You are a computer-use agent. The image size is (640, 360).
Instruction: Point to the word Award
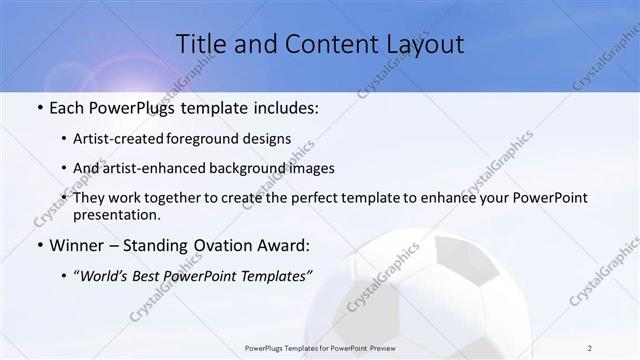[x=285, y=245]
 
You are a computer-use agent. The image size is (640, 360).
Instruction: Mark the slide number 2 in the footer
[x=589, y=347]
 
